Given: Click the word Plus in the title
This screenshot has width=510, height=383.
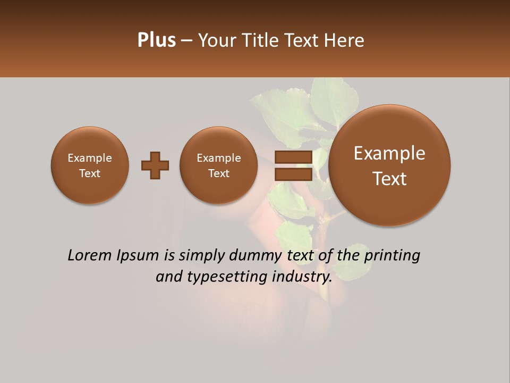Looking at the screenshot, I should [x=156, y=40].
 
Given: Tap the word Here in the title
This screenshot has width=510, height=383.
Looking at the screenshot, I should [x=345, y=40].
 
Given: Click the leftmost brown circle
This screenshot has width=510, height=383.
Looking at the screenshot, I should [x=90, y=165].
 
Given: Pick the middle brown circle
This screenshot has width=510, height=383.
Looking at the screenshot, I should [x=219, y=165].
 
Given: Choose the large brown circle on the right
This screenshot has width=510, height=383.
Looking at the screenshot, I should [x=389, y=165].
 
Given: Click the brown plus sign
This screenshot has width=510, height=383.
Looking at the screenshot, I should [x=155, y=165].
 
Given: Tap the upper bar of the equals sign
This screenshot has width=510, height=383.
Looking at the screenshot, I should [x=293, y=157].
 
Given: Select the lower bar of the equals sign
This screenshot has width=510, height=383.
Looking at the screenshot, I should [x=293, y=174].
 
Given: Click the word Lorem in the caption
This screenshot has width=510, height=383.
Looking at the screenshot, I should [x=88, y=256].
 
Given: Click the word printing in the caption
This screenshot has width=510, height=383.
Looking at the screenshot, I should [x=392, y=256].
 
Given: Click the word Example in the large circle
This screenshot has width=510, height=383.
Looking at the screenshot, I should [x=389, y=153].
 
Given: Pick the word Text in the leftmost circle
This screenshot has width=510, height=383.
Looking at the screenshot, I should [x=90, y=173].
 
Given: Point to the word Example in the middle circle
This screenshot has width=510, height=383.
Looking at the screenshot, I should [x=219, y=158].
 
